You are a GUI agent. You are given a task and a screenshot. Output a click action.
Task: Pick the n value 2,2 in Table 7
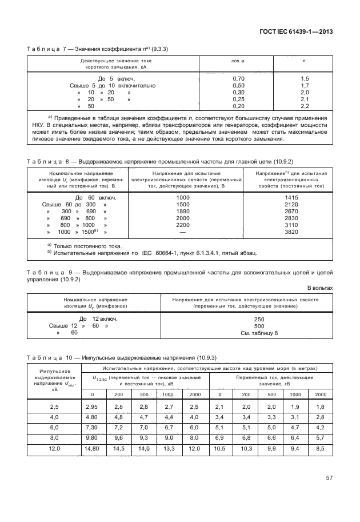pos(304,106)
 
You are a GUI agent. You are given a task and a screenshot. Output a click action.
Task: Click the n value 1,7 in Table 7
pos(304,85)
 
